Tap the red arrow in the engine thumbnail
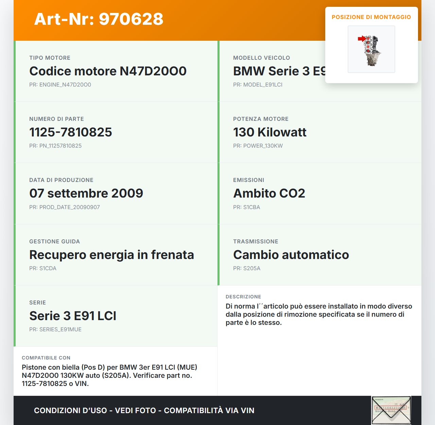(362, 39)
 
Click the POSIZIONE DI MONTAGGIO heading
(371, 17)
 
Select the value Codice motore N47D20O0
(108, 71)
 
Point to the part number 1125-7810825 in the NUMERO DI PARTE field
(71, 132)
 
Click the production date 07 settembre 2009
(86, 193)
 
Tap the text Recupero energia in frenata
(111, 255)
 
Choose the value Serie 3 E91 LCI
(73, 316)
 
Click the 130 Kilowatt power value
(269, 132)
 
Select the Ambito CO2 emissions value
(269, 193)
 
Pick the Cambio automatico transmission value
(291, 255)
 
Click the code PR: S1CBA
(246, 207)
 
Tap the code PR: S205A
(246, 268)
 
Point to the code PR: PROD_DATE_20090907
(65, 207)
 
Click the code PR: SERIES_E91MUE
(55, 329)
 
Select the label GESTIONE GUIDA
(54, 241)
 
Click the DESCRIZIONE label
(243, 297)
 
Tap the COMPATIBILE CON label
(46, 358)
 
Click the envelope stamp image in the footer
(391, 410)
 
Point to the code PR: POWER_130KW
(258, 146)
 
